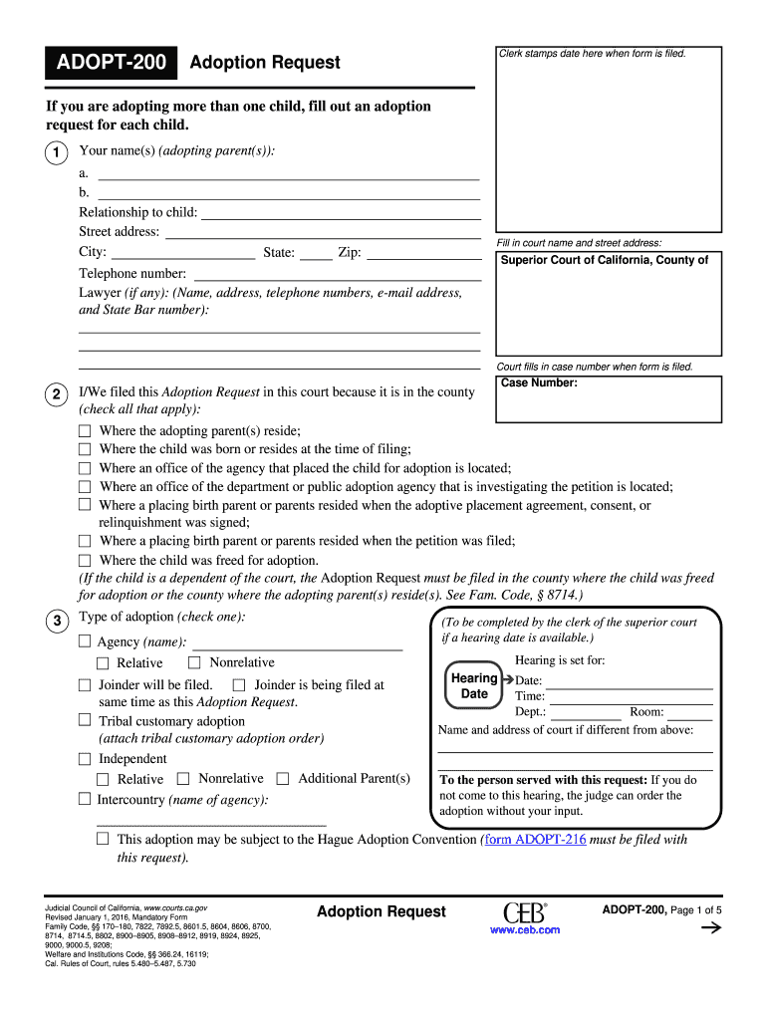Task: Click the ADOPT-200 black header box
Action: point(111,63)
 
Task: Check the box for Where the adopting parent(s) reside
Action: point(85,431)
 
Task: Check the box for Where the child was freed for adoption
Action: point(85,561)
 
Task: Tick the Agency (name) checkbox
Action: point(85,641)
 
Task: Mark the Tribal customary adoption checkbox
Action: point(85,720)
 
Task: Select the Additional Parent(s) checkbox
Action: point(283,779)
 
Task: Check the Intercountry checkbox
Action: point(85,799)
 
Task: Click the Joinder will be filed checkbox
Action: point(85,685)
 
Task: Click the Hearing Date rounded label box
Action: point(474,686)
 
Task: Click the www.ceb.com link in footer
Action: point(525,929)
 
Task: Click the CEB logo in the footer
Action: point(524,911)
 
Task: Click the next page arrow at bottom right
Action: point(711,928)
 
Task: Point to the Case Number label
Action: point(538,382)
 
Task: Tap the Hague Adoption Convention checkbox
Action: point(104,840)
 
